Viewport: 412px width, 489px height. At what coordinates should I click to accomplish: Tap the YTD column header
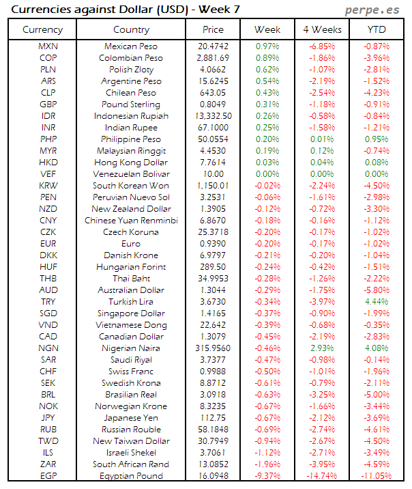point(377,30)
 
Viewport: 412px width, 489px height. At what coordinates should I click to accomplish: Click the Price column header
point(213,30)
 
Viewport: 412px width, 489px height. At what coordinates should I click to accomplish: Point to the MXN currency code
point(48,46)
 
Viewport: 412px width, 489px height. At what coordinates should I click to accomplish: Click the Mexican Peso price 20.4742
point(213,46)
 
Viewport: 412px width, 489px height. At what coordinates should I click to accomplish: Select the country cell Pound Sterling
point(131,104)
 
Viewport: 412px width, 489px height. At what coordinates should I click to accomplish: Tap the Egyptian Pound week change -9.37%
point(267,476)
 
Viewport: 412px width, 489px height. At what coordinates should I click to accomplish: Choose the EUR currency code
point(48,244)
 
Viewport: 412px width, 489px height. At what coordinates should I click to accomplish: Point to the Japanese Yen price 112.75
point(213,418)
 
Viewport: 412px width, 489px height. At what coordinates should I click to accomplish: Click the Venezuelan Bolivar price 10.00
point(213,174)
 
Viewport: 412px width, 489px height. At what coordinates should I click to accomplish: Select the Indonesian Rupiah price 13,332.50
point(213,116)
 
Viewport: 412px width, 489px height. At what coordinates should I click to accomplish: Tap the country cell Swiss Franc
point(131,372)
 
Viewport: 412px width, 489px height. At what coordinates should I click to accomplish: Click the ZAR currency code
point(48,464)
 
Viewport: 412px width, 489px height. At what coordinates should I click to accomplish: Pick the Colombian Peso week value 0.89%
point(267,58)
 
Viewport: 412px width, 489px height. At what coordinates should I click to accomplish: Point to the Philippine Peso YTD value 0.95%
point(377,139)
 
